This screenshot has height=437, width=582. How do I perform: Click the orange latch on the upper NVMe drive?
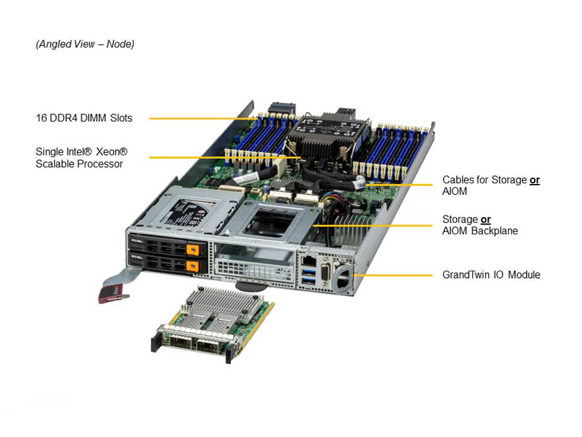(193, 249)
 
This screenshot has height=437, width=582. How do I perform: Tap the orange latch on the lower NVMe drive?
(192, 266)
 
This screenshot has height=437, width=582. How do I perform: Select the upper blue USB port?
(309, 273)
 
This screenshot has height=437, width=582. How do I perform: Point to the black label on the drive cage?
(184, 214)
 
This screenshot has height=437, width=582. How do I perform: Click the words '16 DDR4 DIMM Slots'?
(84, 118)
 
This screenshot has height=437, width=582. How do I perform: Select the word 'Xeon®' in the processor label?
(112, 152)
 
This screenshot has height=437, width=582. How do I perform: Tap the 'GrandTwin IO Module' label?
(491, 275)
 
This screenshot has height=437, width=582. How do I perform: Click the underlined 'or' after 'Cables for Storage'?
(535, 180)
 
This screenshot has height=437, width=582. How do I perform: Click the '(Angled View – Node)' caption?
(85, 44)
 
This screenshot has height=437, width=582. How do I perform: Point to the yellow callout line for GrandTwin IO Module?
(393, 276)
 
